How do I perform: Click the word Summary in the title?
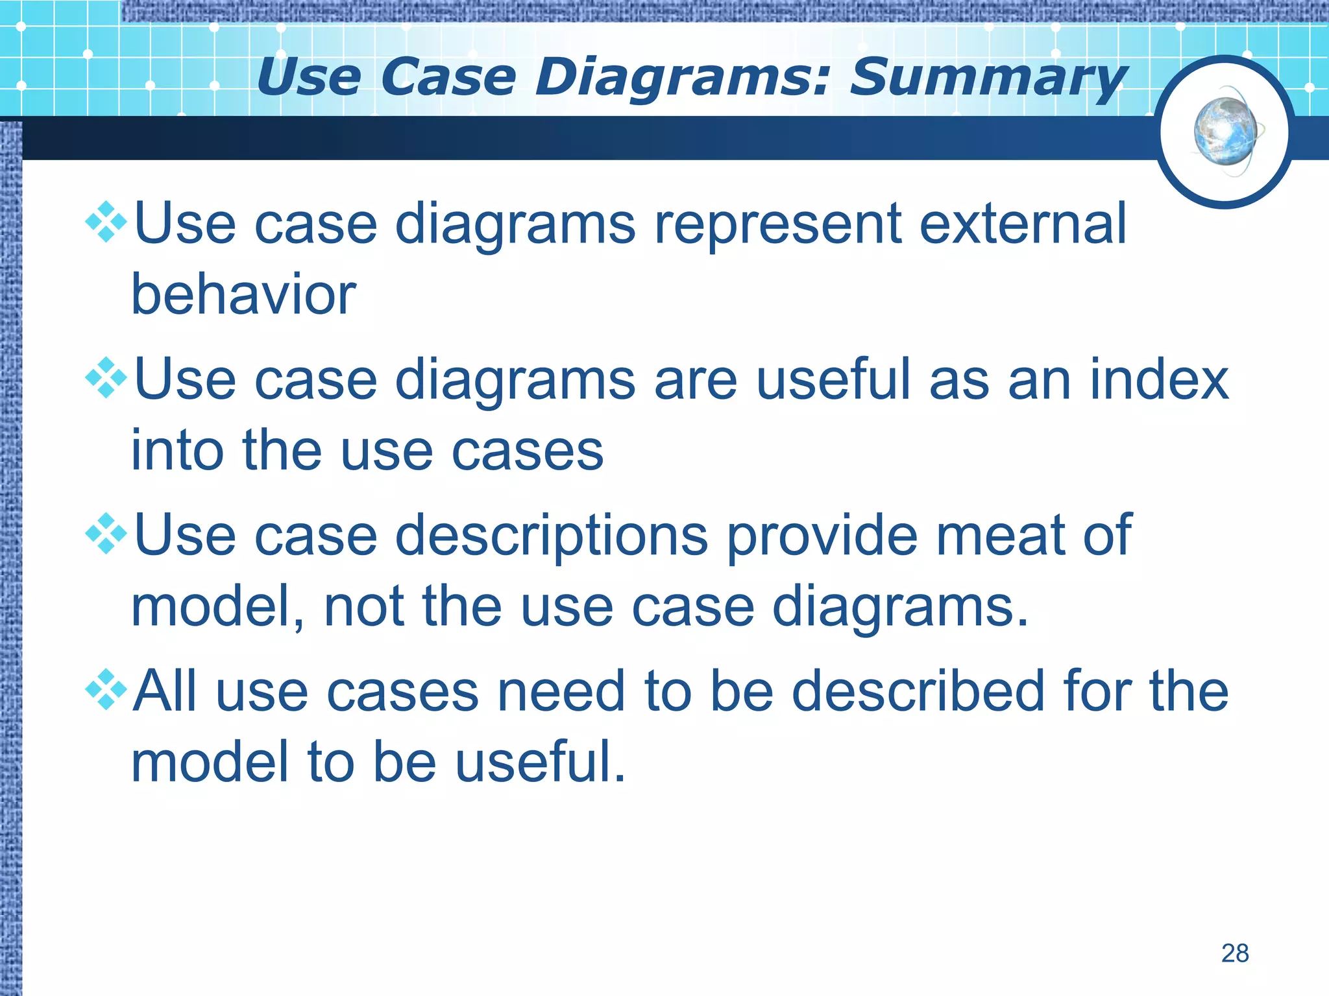click(988, 78)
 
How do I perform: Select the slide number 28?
click(1234, 953)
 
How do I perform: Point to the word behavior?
click(243, 294)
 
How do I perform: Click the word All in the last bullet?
click(165, 691)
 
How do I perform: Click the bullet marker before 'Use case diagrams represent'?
click(106, 222)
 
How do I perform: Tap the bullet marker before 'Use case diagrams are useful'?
click(106, 378)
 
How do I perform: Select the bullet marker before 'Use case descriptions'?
click(106, 534)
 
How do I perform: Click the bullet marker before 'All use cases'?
click(106, 689)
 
